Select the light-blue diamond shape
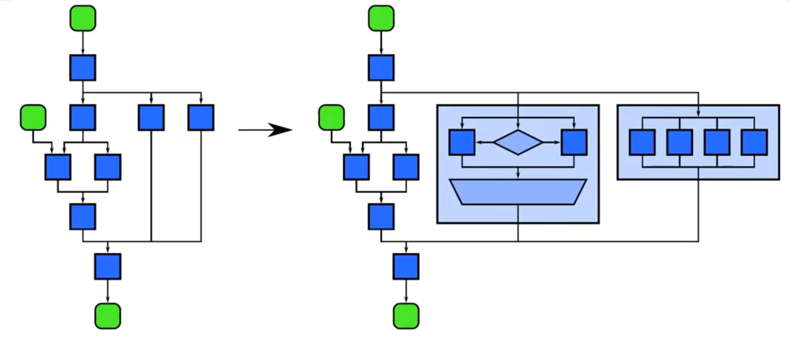click(518, 142)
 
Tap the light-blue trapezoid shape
click(518, 192)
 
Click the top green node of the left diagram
click(83, 18)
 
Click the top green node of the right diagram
click(381, 18)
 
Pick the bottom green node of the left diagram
click(108, 316)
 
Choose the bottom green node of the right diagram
click(406, 316)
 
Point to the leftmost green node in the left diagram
click(33, 118)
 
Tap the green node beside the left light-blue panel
click(331, 118)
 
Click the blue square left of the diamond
click(462, 142)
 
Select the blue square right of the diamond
click(574, 142)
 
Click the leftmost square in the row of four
click(642, 142)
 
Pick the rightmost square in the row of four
click(754, 142)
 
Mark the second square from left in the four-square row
click(680, 142)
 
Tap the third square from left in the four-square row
click(717, 142)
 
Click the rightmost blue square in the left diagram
click(201, 118)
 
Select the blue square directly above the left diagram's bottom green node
click(108, 266)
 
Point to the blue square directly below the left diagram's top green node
click(83, 68)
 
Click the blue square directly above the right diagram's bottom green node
click(406, 266)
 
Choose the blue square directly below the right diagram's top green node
click(381, 68)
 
